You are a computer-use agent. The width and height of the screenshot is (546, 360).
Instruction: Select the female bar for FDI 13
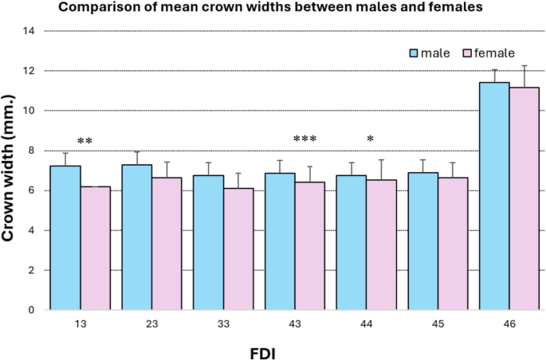pyautogui.click(x=96, y=248)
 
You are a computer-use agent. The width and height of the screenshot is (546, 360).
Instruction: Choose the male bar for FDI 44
pyautogui.click(x=352, y=242)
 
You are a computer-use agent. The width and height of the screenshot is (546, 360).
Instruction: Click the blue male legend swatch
pyautogui.click(x=414, y=53)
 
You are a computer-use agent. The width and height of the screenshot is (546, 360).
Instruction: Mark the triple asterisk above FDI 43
pyautogui.click(x=305, y=141)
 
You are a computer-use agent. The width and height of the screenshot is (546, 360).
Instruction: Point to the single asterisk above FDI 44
pyautogui.click(x=371, y=141)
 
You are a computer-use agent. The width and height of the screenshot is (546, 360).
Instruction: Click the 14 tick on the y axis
pyautogui.click(x=31, y=31)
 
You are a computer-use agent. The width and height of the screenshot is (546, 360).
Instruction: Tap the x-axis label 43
pyautogui.click(x=295, y=325)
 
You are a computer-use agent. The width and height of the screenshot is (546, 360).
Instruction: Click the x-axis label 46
pyautogui.click(x=509, y=325)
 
